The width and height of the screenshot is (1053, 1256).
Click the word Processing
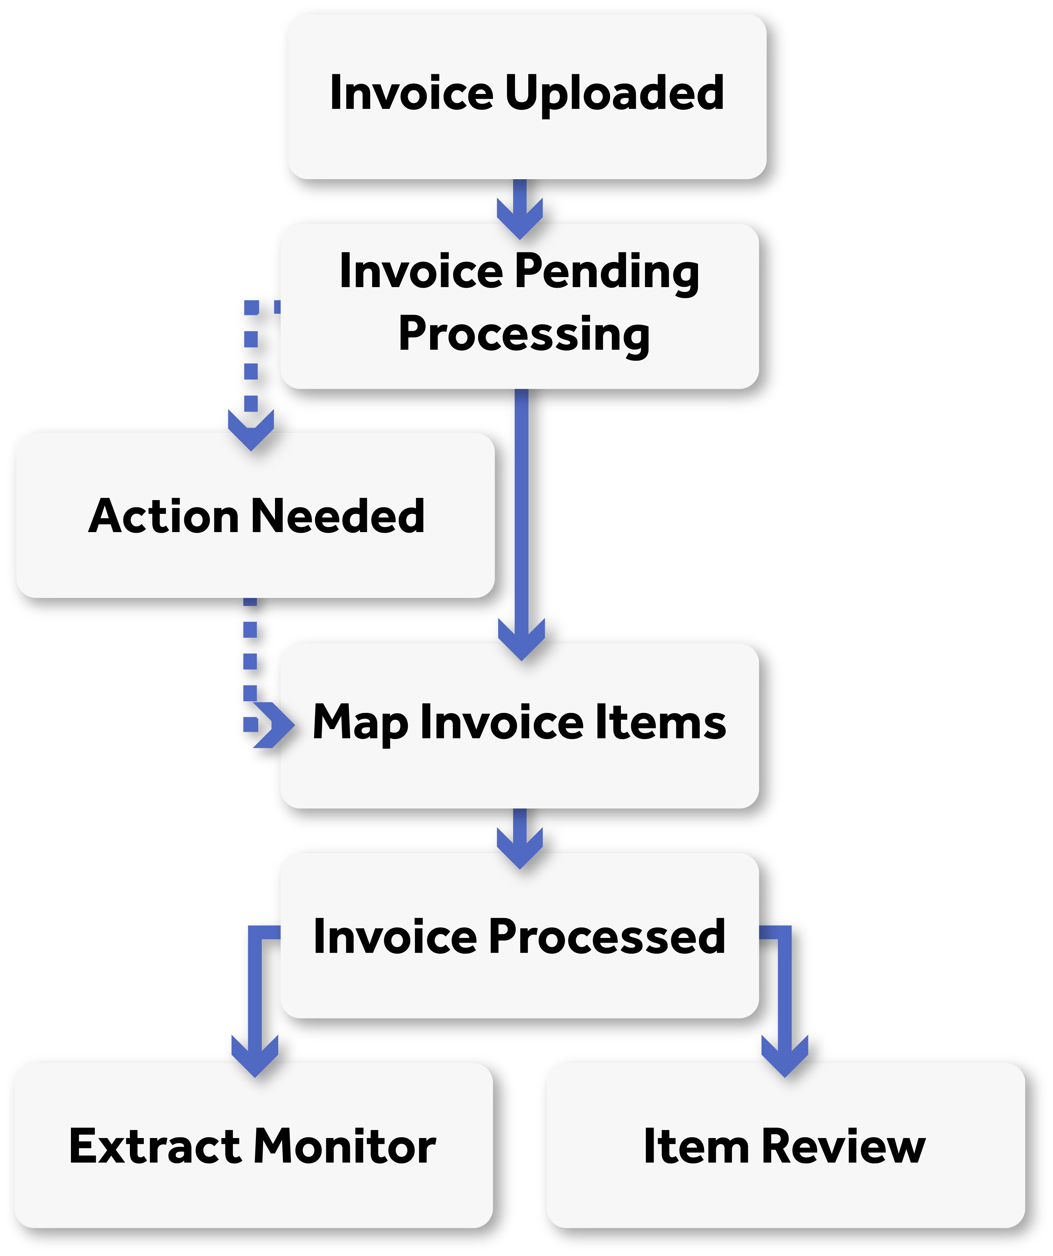click(x=524, y=335)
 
